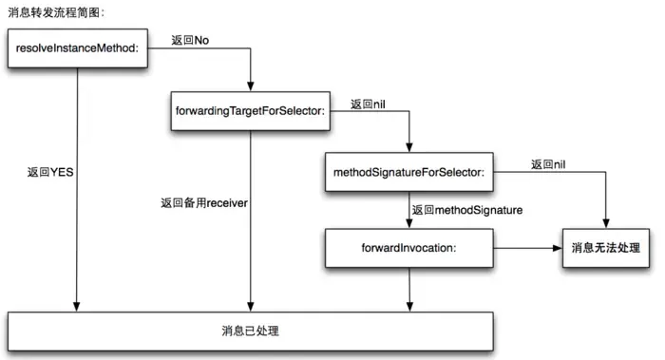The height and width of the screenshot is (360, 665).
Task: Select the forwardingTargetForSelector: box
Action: pos(250,111)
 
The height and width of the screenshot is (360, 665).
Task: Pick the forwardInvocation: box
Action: pos(408,247)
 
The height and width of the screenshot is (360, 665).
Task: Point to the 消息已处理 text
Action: pos(250,332)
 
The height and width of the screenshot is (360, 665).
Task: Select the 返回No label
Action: pos(190,40)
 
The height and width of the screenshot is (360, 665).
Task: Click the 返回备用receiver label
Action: pos(204,202)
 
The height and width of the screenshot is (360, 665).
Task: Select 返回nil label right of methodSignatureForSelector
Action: pos(549,164)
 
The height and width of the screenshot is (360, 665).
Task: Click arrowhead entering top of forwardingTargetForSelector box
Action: pos(250,86)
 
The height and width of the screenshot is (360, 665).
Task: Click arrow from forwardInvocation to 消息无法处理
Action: pos(527,248)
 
